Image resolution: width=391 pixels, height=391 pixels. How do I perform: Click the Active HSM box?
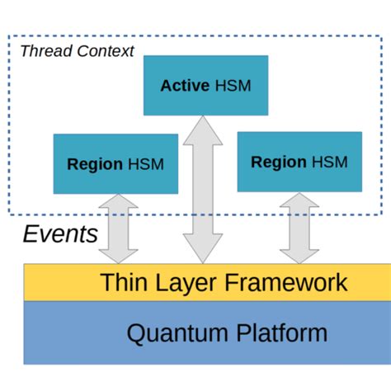(x=205, y=85)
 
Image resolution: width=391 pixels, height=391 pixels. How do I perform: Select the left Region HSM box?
(x=115, y=163)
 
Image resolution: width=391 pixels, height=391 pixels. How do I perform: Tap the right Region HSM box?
(x=299, y=160)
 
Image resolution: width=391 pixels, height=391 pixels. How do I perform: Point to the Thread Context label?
(x=76, y=51)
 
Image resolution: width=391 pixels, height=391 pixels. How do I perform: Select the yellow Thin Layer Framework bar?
(x=206, y=283)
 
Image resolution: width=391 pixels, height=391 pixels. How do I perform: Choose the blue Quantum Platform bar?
(x=206, y=332)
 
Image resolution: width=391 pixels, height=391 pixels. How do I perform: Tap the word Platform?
(x=277, y=333)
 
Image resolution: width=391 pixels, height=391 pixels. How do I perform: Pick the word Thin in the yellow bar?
(x=122, y=283)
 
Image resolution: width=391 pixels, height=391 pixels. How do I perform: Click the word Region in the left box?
(x=95, y=164)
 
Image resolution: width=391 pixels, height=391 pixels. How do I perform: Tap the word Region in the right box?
(x=279, y=161)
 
